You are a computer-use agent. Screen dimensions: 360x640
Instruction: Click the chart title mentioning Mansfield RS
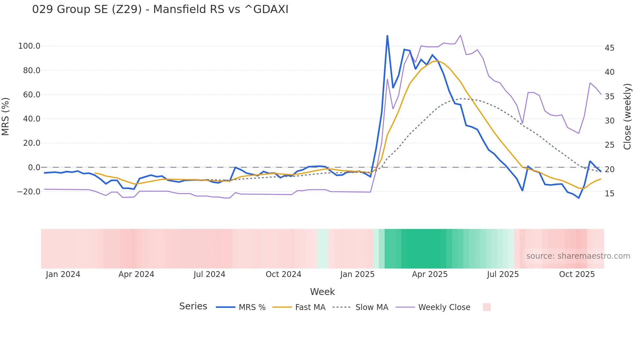coord(160,9)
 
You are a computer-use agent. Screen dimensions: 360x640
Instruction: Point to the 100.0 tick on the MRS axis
coord(29,46)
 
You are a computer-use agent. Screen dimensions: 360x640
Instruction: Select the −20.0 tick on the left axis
coord(29,192)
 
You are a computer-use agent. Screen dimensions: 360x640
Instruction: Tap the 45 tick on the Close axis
coord(609,48)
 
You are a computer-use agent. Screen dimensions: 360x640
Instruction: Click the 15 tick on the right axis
coord(609,194)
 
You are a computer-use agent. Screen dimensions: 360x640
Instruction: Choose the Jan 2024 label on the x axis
coord(63,274)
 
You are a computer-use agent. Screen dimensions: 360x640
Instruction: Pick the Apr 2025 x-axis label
coord(430,274)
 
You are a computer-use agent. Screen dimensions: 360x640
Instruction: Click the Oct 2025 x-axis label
coord(577,274)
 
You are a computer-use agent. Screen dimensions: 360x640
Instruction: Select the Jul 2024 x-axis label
coord(209,274)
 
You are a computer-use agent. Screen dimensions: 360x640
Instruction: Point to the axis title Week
coord(322,292)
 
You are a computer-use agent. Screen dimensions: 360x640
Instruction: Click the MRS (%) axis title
coord(6,116)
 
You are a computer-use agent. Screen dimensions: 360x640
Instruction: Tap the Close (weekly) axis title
coord(627,116)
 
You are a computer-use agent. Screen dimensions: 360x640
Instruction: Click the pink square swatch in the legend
coord(487,307)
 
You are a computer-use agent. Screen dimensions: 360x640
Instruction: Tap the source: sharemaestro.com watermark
coord(578,256)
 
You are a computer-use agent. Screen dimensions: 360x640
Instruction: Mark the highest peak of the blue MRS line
coord(387,36)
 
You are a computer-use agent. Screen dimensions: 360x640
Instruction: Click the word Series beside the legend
coord(193,306)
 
